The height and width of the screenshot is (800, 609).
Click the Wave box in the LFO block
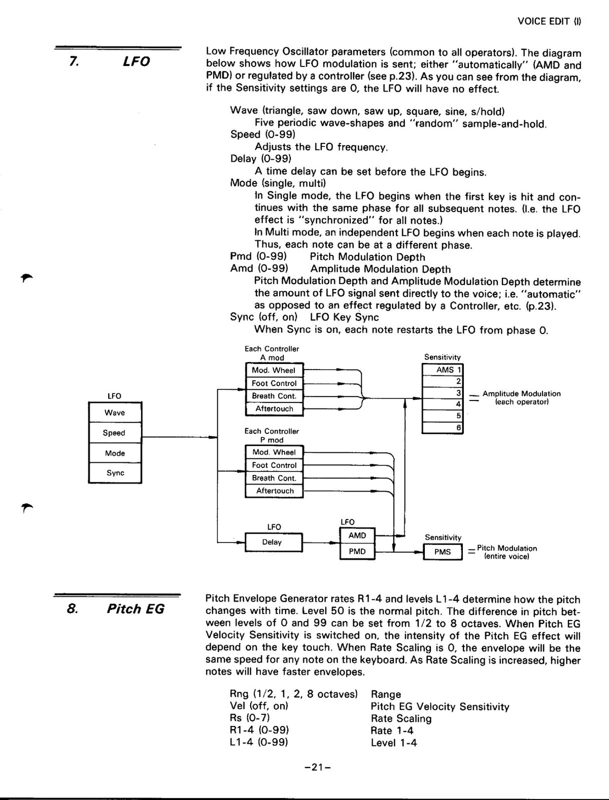pyautogui.click(x=115, y=412)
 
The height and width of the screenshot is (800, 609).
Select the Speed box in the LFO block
pyautogui.click(x=115, y=432)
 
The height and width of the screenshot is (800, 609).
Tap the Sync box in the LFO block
pyautogui.click(x=115, y=473)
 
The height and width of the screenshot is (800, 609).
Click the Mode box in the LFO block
pyautogui.click(x=115, y=453)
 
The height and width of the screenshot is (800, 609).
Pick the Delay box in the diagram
pyautogui.click(x=274, y=542)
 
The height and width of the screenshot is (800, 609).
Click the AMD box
pyautogui.click(x=357, y=535)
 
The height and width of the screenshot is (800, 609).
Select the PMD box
pyautogui.click(x=357, y=552)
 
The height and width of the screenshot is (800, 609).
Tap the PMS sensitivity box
pyautogui.click(x=443, y=552)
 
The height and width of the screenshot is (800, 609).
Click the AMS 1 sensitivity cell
pyautogui.click(x=443, y=370)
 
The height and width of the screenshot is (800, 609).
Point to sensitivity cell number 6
pyautogui.click(x=443, y=427)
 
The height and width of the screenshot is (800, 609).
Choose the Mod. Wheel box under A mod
pyautogui.click(x=274, y=370)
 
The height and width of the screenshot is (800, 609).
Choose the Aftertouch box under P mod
pyautogui.click(x=274, y=491)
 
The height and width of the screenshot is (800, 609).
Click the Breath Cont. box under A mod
pyautogui.click(x=274, y=396)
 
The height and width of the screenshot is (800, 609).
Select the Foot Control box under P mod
pyautogui.click(x=274, y=465)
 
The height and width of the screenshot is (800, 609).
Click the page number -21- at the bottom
pyautogui.click(x=317, y=767)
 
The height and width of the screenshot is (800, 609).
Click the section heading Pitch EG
pyautogui.click(x=136, y=609)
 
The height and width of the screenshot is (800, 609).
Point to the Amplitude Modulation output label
pyautogui.click(x=522, y=397)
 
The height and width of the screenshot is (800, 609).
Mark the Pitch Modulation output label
pyautogui.click(x=507, y=552)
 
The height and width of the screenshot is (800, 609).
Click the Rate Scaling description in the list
pyautogui.click(x=401, y=718)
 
